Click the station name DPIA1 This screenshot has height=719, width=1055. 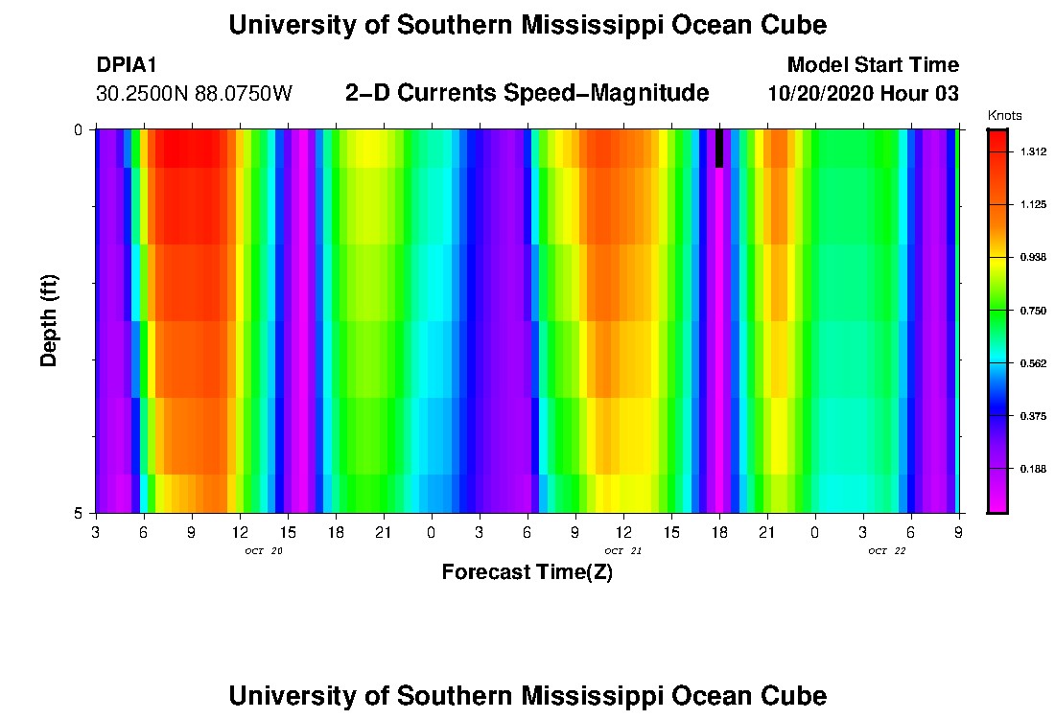coord(127,65)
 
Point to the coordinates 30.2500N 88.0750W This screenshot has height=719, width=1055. coord(194,94)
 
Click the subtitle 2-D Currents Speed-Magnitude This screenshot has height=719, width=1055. coord(527,93)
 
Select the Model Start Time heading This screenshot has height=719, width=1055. coord(872,65)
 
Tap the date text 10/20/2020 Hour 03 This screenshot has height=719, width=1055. coord(863,94)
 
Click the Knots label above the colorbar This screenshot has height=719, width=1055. coord(1004,115)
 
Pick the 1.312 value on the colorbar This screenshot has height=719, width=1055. coord(1032,151)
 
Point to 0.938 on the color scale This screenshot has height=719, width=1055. coord(1032,258)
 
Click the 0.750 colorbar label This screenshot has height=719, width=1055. coord(1032,311)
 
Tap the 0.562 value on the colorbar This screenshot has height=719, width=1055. coord(1032,363)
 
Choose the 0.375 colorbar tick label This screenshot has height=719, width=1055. coord(1032,416)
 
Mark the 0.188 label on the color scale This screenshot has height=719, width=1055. coord(1032,469)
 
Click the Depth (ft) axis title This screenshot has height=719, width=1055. coord(50,320)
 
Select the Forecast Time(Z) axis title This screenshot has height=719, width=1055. coord(527,573)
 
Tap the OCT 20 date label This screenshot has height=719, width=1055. coord(264,551)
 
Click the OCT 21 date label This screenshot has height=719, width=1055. coord(622,551)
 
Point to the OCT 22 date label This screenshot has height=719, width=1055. coord(886,551)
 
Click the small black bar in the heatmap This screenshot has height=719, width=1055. coord(719,149)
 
